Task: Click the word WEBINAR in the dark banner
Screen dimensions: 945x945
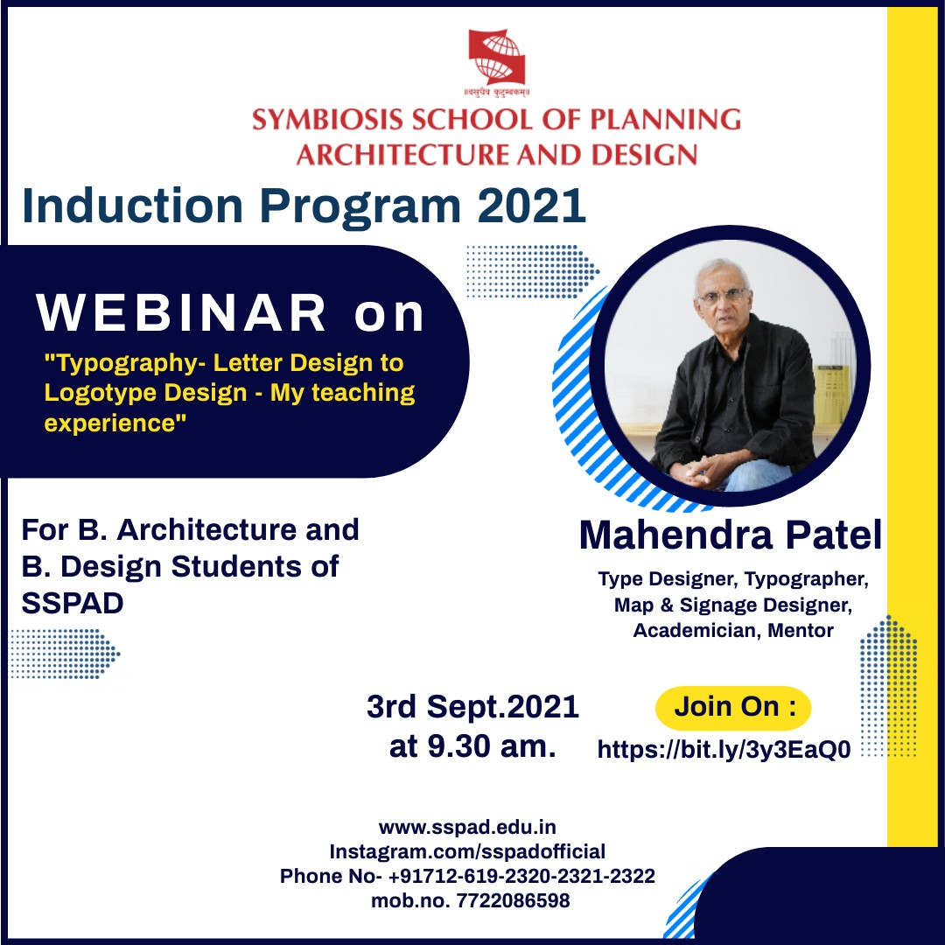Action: pyautogui.click(x=182, y=313)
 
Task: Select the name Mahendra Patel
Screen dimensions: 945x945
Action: pyautogui.click(x=730, y=535)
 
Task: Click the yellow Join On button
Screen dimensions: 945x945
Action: pyautogui.click(x=732, y=707)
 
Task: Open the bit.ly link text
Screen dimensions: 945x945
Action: pyautogui.click(x=724, y=750)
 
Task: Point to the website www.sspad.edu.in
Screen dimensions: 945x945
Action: pyautogui.click(x=467, y=827)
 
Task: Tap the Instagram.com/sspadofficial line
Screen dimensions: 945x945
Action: pyautogui.click(x=467, y=851)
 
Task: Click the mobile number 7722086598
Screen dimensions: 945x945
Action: pyautogui.click(x=513, y=900)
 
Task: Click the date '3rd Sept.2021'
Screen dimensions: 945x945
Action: pyautogui.click(x=472, y=707)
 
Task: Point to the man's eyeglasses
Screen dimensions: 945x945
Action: pyautogui.click(x=724, y=296)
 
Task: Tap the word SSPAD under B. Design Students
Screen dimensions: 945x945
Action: pyautogui.click(x=73, y=604)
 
